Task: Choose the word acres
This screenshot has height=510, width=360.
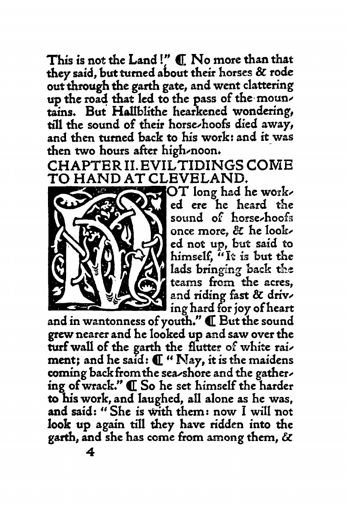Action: coord(279,283)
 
